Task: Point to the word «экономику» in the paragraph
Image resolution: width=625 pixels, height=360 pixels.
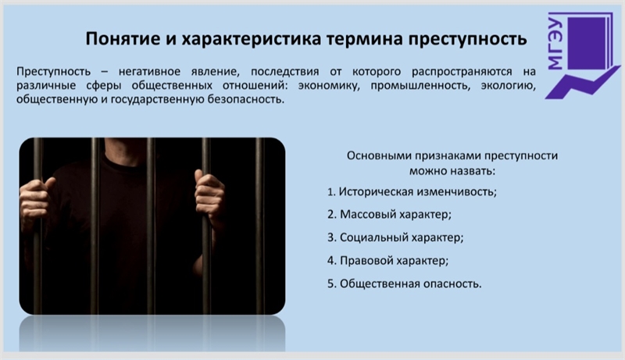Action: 328,85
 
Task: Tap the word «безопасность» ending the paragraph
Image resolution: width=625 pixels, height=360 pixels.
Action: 245,98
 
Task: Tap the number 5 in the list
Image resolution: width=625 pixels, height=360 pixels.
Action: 330,284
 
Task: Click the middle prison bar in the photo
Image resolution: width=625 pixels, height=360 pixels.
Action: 150,226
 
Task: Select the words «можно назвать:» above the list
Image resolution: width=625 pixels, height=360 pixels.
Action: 452,171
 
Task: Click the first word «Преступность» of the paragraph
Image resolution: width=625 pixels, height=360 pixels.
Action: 53,72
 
